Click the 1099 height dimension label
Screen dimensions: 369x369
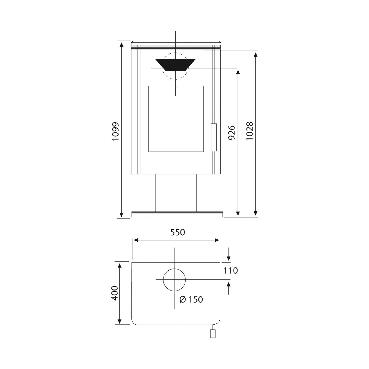(x=116, y=131)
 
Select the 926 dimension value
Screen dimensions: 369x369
(x=231, y=133)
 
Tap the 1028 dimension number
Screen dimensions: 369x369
(x=250, y=131)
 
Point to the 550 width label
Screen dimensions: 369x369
(x=178, y=232)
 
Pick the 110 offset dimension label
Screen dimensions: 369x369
(x=231, y=271)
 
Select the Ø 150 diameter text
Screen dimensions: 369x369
(x=191, y=300)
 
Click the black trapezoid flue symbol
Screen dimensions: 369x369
(x=175, y=65)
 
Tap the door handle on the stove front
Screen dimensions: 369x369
(x=214, y=137)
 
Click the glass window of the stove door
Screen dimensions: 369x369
(x=176, y=119)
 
